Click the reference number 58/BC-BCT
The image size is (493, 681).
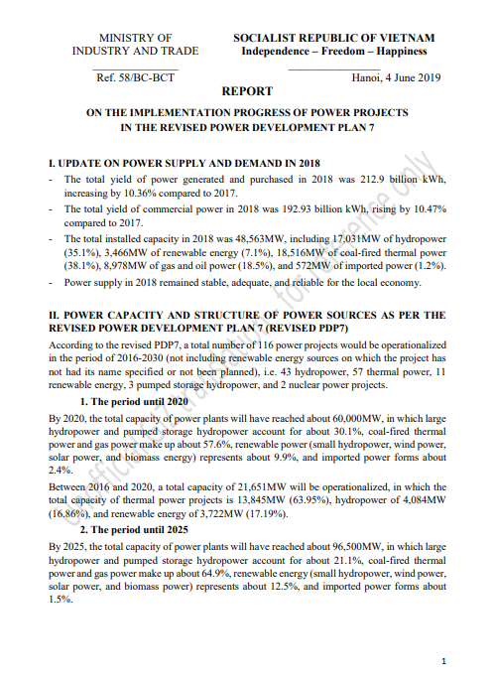click(135, 77)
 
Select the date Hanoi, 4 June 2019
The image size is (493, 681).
click(396, 77)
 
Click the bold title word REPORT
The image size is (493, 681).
click(247, 91)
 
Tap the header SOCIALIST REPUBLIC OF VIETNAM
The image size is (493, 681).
click(333, 38)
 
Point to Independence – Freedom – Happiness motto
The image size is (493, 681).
click(333, 51)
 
